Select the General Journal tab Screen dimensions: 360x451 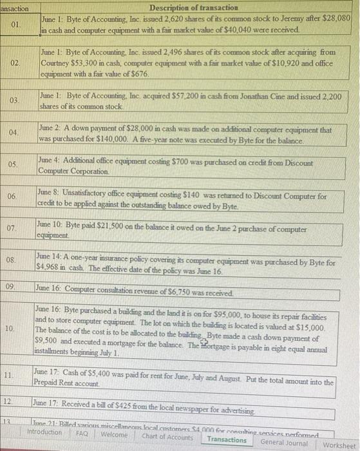pos(284,442)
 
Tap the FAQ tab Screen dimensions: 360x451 pos(82,434)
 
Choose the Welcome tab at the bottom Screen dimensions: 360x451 pos(115,434)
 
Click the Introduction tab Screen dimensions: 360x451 pos(44,432)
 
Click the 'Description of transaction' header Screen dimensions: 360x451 pos(193,7)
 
